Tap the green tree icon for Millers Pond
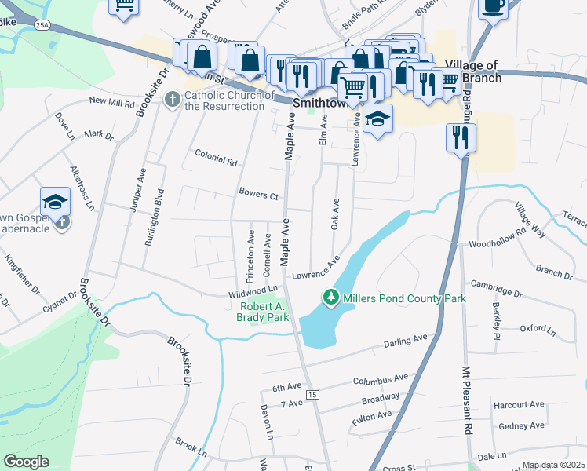pyautogui.click(x=331, y=298)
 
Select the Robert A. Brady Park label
pyautogui.click(x=262, y=312)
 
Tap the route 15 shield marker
pyautogui.click(x=313, y=394)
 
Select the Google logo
pyautogui.click(x=27, y=462)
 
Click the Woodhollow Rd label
pyautogui.click(x=496, y=239)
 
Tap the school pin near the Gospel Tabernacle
pyautogui.click(x=56, y=202)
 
